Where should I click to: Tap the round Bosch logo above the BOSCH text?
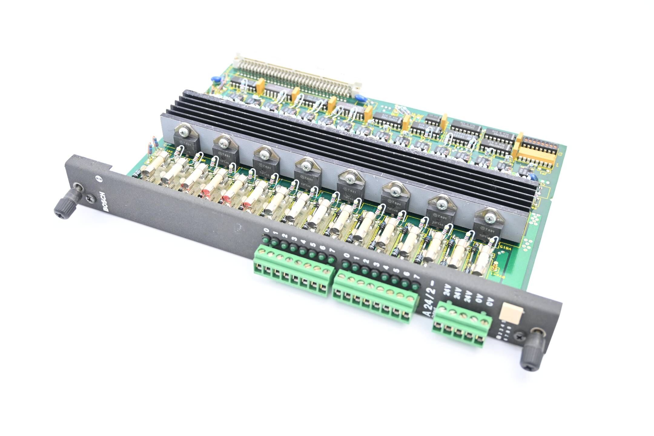coord(98,179)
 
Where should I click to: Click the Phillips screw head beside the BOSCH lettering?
coord(90,199)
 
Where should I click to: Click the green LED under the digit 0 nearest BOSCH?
coord(266,240)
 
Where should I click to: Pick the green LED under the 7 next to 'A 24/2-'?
coord(415,286)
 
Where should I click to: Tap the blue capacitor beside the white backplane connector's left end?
coord(216,78)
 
